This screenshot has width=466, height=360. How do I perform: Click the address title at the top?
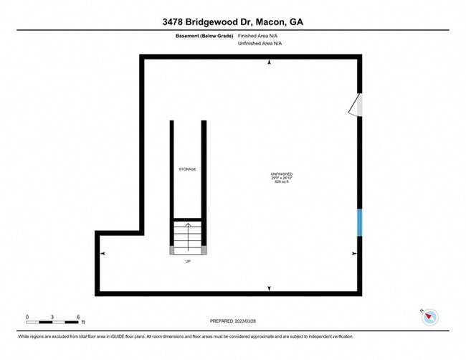point(233,22)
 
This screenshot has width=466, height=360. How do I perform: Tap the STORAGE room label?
point(187,169)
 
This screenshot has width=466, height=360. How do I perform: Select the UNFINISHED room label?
point(281,174)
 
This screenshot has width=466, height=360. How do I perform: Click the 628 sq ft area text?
point(281,183)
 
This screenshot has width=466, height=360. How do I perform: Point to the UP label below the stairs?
point(188,262)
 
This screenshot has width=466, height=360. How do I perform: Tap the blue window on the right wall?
point(359,222)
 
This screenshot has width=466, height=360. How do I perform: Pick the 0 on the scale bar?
point(27,316)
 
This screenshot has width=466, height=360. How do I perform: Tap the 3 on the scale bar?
point(52,316)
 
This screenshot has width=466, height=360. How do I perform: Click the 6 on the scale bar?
point(77,316)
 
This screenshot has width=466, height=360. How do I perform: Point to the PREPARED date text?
point(234,320)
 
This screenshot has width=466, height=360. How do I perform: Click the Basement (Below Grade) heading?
point(203,35)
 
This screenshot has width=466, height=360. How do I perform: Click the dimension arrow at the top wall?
point(270,64)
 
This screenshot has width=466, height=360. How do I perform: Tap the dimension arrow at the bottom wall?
point(270,288)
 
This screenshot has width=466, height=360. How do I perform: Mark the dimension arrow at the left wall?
point(103,254)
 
